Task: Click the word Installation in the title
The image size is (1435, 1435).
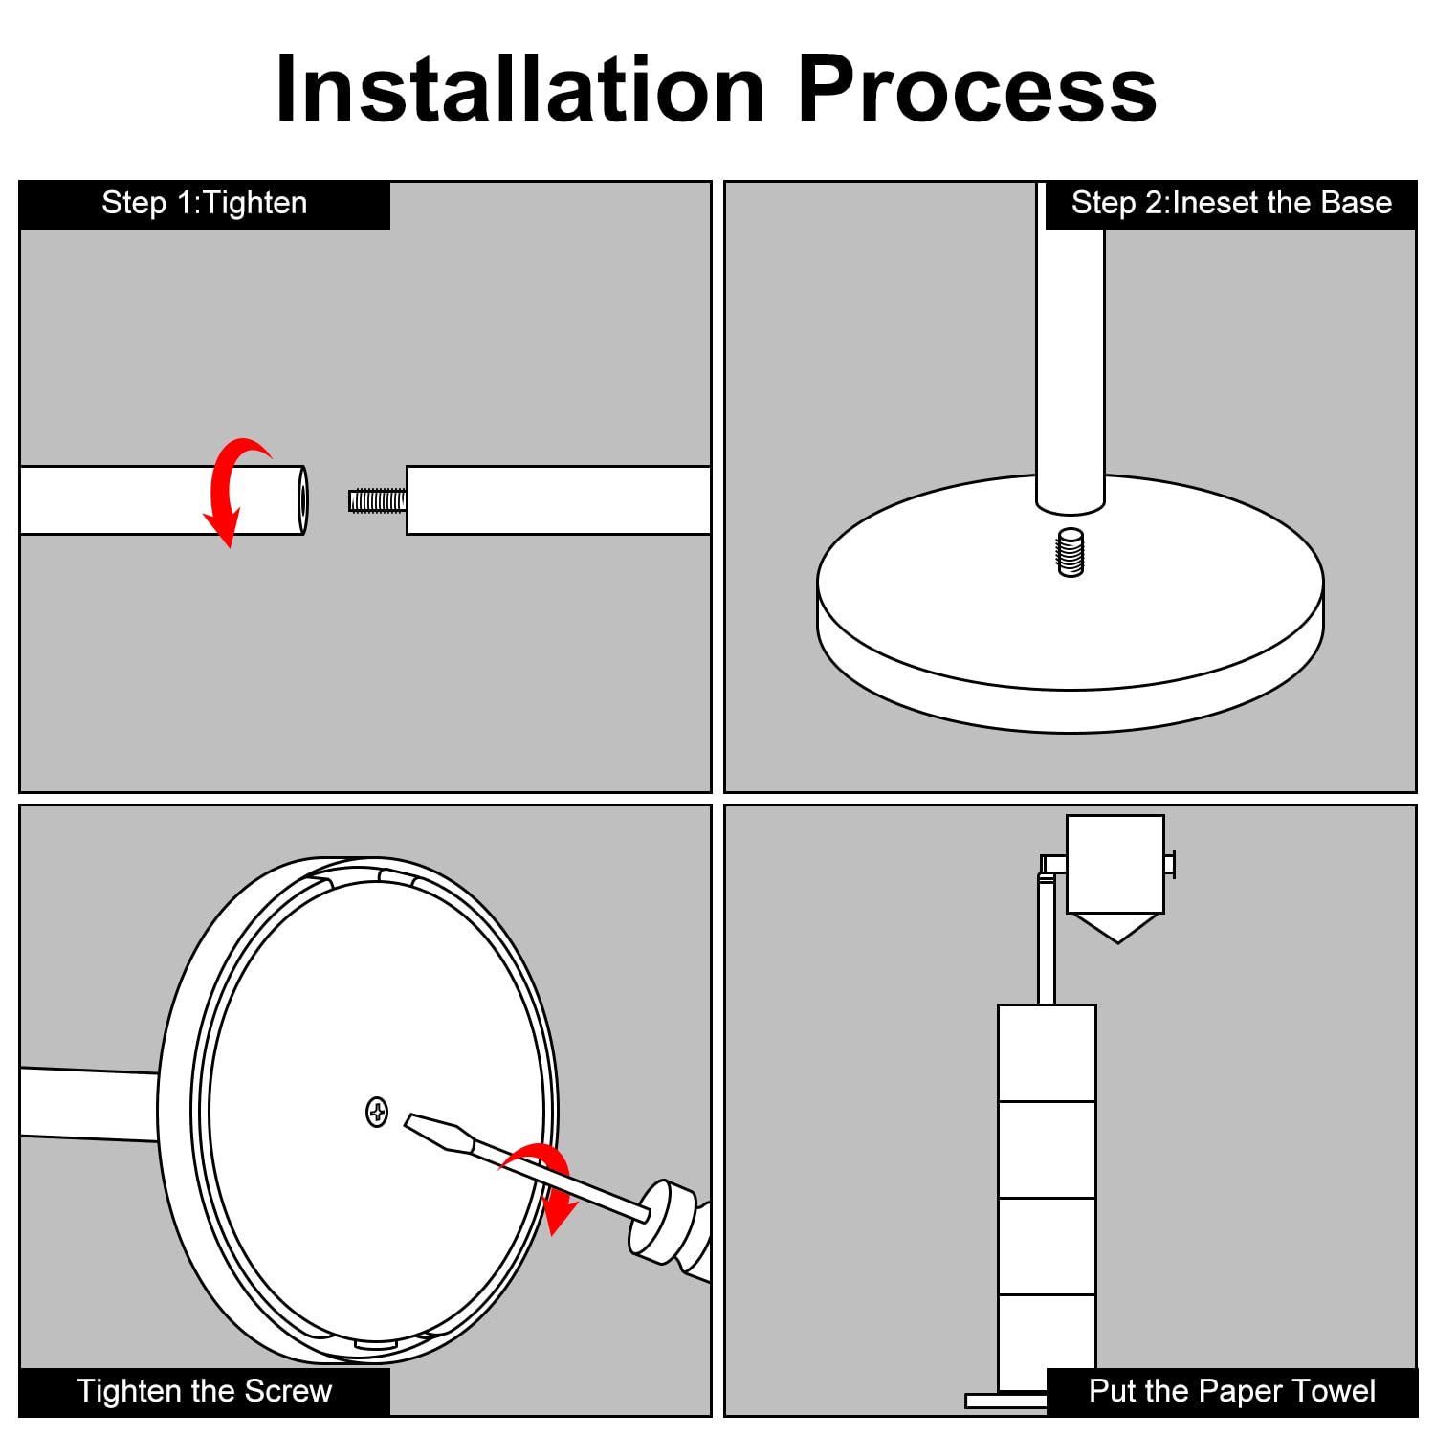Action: [519, 89]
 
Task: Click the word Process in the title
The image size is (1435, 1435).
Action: [977, 89]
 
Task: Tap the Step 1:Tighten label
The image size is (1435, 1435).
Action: [205, 204]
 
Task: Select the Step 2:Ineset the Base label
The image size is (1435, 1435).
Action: [1231, 204]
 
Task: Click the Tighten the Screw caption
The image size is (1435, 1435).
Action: [205, 1391]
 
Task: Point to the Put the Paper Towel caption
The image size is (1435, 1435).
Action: [1232, 1391]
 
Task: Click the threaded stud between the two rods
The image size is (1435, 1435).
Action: [377, 500]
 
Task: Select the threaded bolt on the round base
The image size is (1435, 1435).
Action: [1071, 552]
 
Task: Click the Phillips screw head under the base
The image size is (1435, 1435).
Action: [377, 1112]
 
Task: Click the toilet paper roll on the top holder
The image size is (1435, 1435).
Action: [1115, 864]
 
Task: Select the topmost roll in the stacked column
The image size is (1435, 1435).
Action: [1047, 1052]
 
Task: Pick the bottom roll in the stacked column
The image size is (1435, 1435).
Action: [1047, 1342]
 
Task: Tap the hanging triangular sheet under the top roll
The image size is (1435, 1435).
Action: [1117, 928]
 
